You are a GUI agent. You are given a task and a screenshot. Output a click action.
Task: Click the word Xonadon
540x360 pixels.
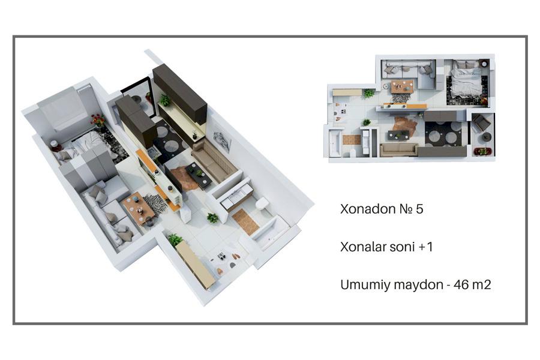point(368,209)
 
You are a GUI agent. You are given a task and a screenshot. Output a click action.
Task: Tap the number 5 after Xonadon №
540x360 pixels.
point(419,209)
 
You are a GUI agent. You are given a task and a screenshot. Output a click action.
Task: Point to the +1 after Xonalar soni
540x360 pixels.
point(425,247)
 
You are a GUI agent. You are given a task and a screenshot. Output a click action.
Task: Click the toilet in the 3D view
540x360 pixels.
point(262,203)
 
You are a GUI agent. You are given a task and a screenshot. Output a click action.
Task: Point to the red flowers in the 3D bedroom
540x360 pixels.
point(98,120)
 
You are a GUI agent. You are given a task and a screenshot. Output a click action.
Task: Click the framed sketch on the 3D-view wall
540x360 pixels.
point(222,141)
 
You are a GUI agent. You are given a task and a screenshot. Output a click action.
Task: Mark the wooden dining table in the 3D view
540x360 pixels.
point(139,208)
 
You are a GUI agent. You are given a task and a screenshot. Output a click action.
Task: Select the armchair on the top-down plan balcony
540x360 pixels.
point(481,122)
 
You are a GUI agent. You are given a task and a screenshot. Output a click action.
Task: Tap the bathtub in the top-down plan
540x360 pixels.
point(335,143)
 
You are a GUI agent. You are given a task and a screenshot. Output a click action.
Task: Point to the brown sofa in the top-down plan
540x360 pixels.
point(398,150)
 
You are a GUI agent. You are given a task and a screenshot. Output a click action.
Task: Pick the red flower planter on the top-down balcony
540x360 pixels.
point(482,151)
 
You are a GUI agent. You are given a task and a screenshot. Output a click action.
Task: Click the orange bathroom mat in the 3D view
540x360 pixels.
point(245,221)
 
